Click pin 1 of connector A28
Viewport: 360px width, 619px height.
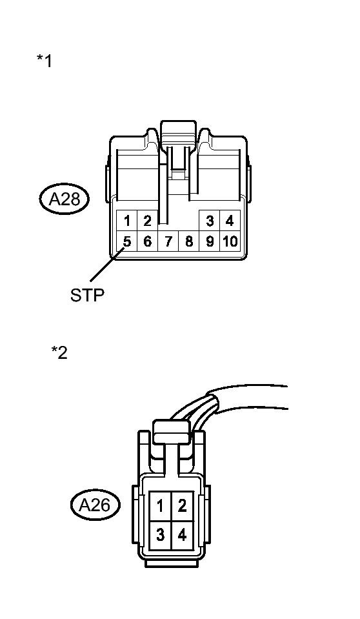click(127, 221)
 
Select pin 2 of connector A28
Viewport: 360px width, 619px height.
click(147, 221)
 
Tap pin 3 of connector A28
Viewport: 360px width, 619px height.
click(210, 221)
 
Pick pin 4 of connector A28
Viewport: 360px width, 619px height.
click(230, 221)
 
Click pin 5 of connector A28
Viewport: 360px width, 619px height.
click(127, 242)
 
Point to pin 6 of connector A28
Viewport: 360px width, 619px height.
click(147, 242)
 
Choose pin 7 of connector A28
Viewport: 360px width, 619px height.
click(168, 242)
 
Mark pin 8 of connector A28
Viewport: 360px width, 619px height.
click(189, 242)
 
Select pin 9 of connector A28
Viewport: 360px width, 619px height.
click(210, 242)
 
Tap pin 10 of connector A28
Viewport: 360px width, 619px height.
click(230, 242)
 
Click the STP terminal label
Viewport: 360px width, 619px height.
click(87, 296)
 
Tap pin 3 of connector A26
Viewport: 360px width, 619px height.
click(159, 534)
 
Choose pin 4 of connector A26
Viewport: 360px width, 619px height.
click(183, 534)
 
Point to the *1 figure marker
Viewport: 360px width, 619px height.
click(45, 61)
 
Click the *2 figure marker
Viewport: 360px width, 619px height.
click(59, 353)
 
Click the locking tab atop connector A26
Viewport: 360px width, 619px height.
click(170, 430)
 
